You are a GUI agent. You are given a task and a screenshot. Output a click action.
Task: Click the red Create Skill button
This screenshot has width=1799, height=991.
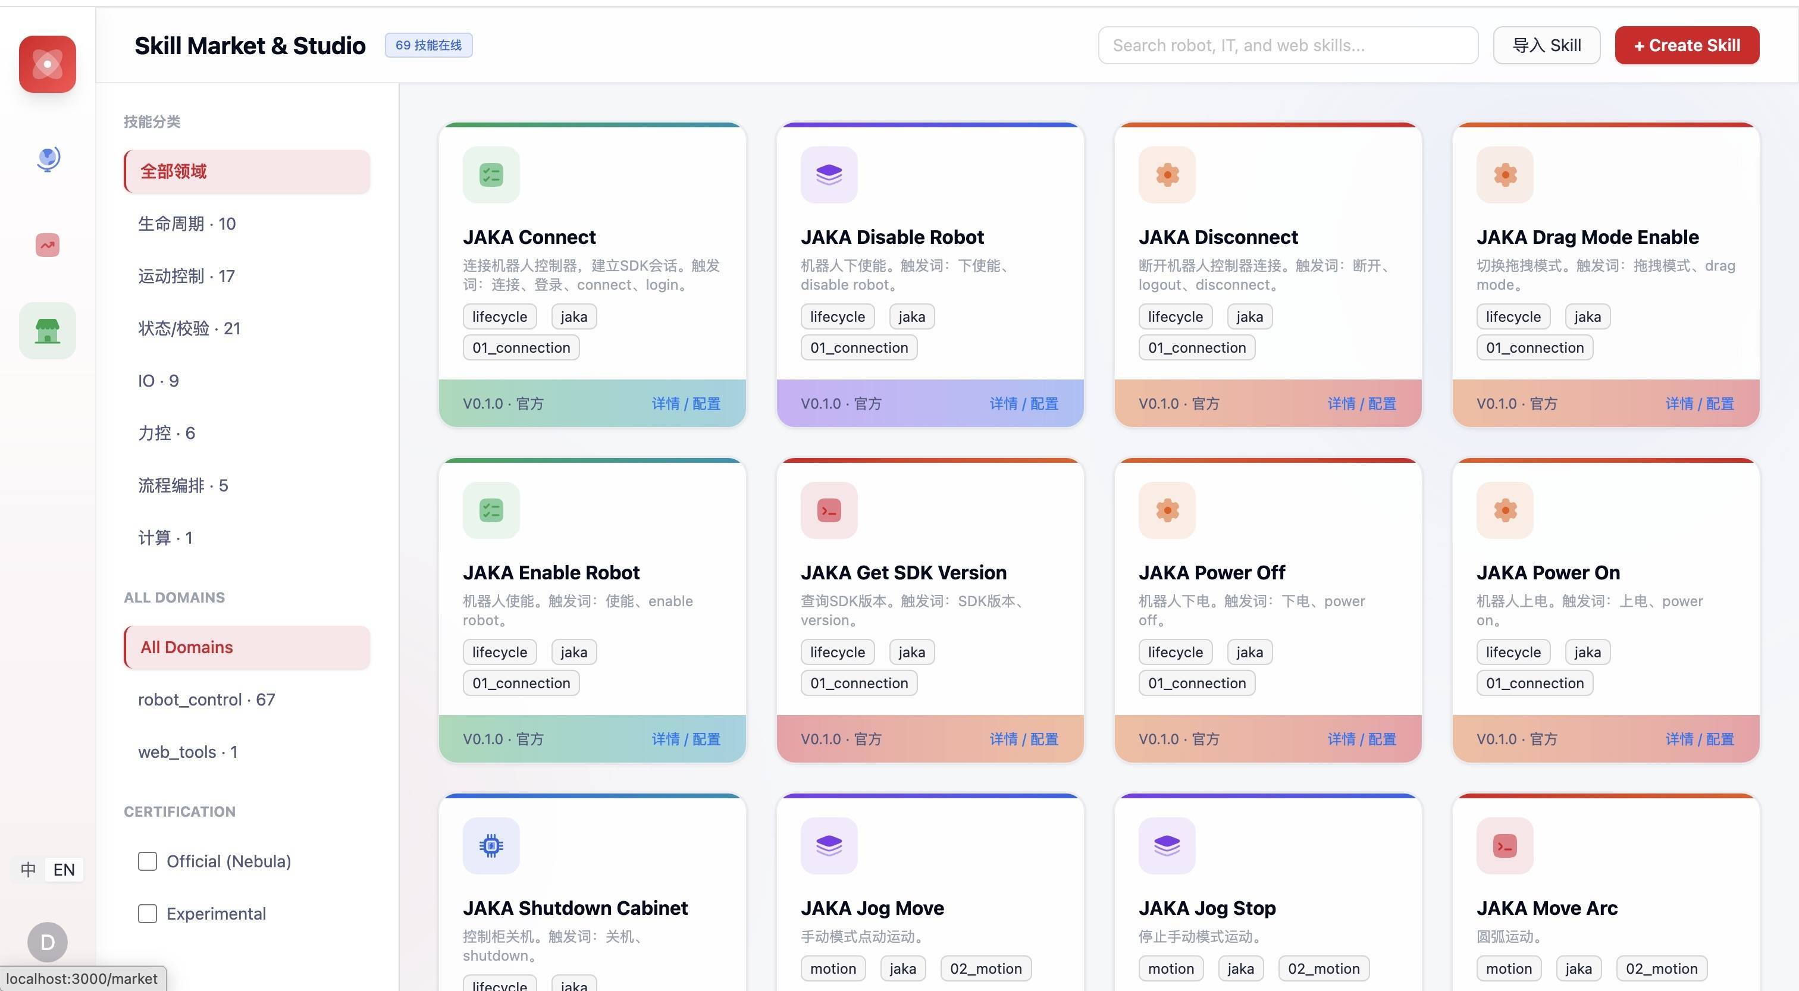(x=1687, y=45)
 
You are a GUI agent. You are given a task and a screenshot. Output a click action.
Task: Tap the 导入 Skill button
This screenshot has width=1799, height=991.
(x=1546, y=45)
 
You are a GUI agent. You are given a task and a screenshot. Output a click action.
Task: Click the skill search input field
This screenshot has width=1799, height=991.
(x=1288, y=45)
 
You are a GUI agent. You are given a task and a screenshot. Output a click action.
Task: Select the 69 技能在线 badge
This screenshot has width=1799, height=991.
(x=428, y=45)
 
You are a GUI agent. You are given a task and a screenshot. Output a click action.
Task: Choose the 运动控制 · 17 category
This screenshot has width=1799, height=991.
(x=186, y=276)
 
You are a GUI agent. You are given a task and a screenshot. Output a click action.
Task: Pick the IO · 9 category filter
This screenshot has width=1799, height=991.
(x=158, y=381)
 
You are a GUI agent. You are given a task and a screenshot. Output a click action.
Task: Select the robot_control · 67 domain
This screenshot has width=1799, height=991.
(x=206, y=700)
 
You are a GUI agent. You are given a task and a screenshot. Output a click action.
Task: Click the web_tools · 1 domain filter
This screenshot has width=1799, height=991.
(x=188, y=752)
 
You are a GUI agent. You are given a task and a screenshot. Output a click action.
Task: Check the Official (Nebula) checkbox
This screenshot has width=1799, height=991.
(x=148, y=861)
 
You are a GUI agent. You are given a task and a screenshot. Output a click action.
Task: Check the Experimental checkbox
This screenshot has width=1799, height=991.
(x=148, y=914)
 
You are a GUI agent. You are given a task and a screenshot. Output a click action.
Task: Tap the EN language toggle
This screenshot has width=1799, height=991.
(x=64, y=870)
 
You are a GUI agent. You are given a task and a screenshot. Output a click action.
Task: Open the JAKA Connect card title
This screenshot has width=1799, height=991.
(x=529, y=237)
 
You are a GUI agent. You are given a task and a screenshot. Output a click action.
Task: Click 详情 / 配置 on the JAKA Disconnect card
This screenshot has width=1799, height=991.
(x=1362, y=404)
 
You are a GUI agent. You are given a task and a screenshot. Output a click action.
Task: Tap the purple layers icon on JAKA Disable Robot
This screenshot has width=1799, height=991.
(x=829, y=175)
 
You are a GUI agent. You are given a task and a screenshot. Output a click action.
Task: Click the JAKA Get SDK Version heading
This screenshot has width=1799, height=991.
(x=904, y=573)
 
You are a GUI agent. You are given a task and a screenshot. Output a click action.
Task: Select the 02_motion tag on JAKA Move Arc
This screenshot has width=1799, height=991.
(x=1662, y=968)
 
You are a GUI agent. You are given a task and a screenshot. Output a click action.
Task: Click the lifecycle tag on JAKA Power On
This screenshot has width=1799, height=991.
(x=1513, y=653)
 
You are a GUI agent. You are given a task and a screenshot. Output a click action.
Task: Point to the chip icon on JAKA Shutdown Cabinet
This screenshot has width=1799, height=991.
(x=491, y=846)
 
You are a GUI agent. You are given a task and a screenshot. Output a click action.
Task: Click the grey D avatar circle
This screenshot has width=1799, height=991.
(x=48, y=942)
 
